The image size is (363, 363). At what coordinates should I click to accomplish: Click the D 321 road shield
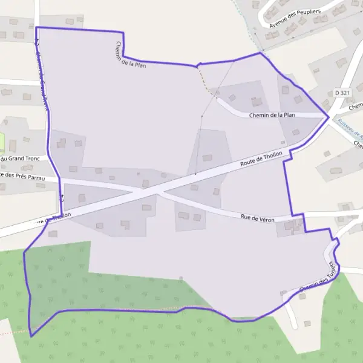click(x=342, y=93)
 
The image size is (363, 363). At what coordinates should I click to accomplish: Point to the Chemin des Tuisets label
click(x=317, y=279)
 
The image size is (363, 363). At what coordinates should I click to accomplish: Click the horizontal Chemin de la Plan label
click(x=272, y=115)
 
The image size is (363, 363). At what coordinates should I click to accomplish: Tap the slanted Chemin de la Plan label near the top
click(x=131, y=54)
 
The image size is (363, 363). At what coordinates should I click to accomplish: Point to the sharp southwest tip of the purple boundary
click(x=31, y=335)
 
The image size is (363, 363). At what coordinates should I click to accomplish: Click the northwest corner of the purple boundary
click(x=36, y=28)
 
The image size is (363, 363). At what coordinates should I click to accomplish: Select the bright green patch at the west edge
click(x=2, y=143)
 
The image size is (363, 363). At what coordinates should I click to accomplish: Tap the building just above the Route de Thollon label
click(x=208, y=158)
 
